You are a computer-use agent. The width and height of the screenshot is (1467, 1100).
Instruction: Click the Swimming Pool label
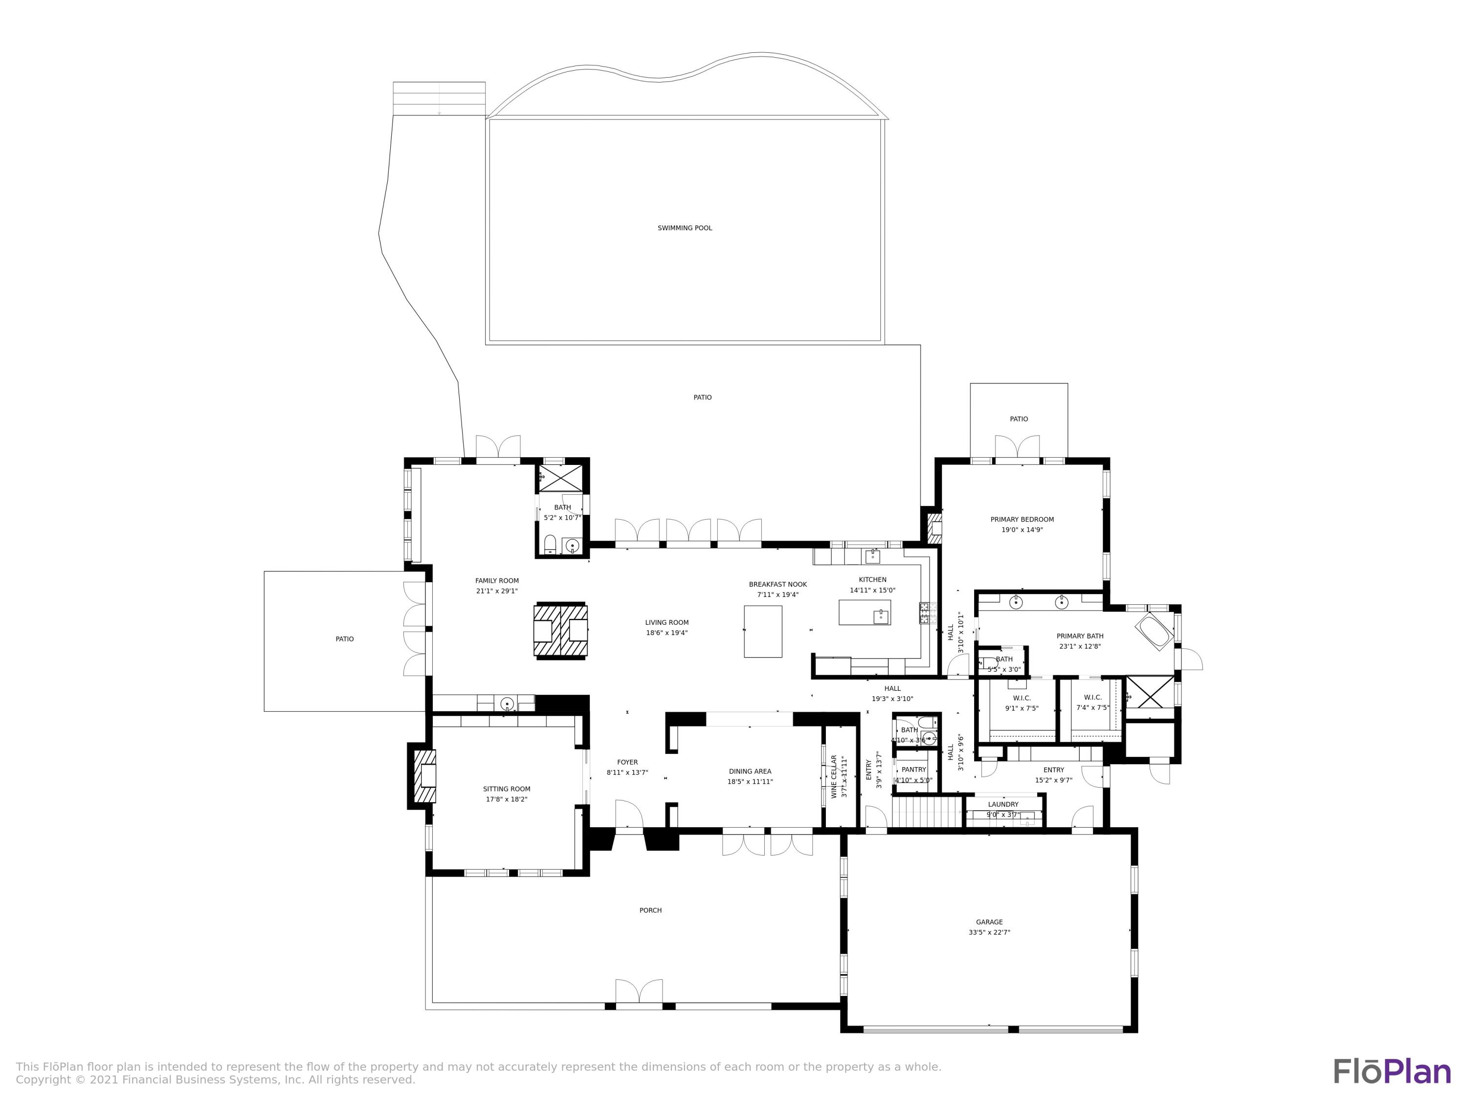[x=685, y=228]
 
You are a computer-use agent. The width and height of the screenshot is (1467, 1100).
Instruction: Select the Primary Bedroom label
[x=1022, y=520]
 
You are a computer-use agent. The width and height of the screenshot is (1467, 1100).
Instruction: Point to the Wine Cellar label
[x=834, y=776]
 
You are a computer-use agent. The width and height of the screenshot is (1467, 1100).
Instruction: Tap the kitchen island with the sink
[x=864, y=613]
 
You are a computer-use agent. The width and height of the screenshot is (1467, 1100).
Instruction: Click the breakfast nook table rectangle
[x=763, y=631]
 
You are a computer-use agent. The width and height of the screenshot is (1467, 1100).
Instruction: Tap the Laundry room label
[x=1003, y=804]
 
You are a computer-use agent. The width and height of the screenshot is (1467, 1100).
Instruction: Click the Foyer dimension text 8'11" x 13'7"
[x=627, y=773]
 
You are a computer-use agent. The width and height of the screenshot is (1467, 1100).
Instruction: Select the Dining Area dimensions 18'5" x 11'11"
[x=750, y=782]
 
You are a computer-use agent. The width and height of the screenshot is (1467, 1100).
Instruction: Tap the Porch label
[x=650, y=910]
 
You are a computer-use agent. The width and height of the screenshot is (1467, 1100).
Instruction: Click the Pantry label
[x=913, y=770]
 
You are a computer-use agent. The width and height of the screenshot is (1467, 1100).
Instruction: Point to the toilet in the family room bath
[x=550, y=545]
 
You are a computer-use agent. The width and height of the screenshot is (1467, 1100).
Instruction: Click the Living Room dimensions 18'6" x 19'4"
[x=667, y=633]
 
